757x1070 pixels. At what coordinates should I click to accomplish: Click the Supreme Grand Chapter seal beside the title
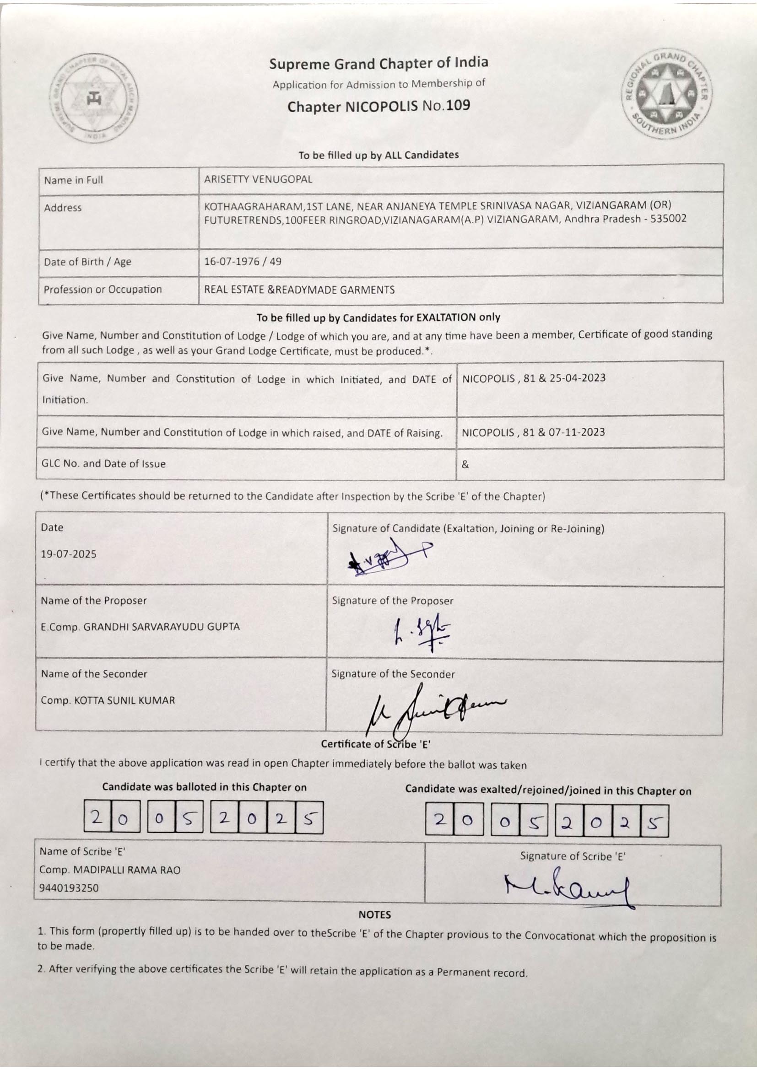coord(95,97)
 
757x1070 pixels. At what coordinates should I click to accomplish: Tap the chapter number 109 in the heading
coord(458,105)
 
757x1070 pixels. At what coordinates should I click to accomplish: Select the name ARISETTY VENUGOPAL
coord(258,179)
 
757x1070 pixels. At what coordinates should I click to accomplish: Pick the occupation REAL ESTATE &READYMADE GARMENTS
coord(299,290)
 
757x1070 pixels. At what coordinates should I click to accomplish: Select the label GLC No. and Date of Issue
coord(103,464)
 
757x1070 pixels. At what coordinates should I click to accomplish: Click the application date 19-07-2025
coord(69,554)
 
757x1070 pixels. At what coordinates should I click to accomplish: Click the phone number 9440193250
coord(69,888)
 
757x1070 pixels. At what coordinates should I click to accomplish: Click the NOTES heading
coord(374,914)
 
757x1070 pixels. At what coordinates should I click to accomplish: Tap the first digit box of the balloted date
coord(97,817)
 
